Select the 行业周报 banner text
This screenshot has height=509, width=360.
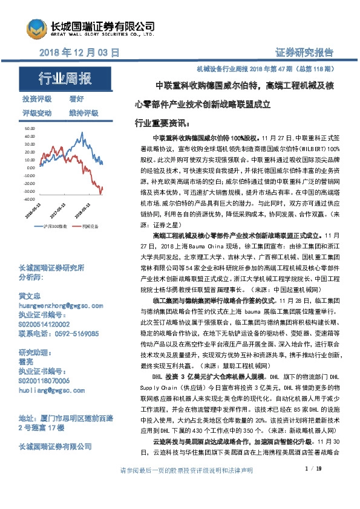click(65, 79)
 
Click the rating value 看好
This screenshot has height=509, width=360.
click(76, 99)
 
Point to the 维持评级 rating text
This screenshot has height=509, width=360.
click(83, 113)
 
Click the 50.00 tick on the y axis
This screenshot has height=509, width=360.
click(28, 129)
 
